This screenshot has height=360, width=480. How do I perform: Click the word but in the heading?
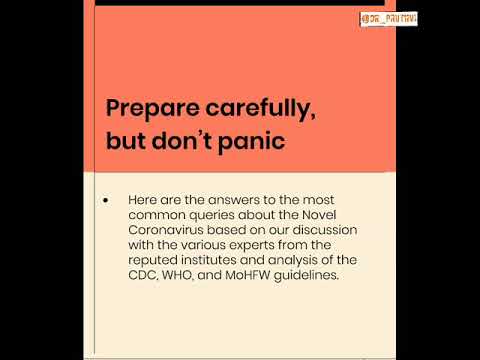point(127,141)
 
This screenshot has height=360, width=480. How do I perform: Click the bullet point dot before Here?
point(106,201)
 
